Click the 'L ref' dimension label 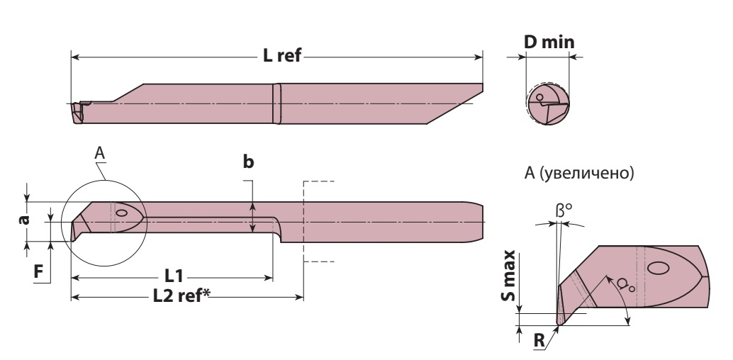coord(282,56)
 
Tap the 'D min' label coord(549,42)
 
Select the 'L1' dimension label coord(174,276)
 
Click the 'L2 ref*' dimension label coord(182,296)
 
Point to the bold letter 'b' coord(248,162)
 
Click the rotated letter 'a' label coord(24,219)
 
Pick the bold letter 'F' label coord(39,271)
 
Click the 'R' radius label coord(539,340)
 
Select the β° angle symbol coord(564,211)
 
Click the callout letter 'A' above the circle coord(99,153)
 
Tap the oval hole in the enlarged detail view coord(658,267)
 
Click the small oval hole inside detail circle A coord(121,213)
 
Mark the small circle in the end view coord(540,97)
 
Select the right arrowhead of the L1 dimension coord(269,278)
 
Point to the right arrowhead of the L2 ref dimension coord(300,297)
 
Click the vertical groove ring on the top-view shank coord(276,103)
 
